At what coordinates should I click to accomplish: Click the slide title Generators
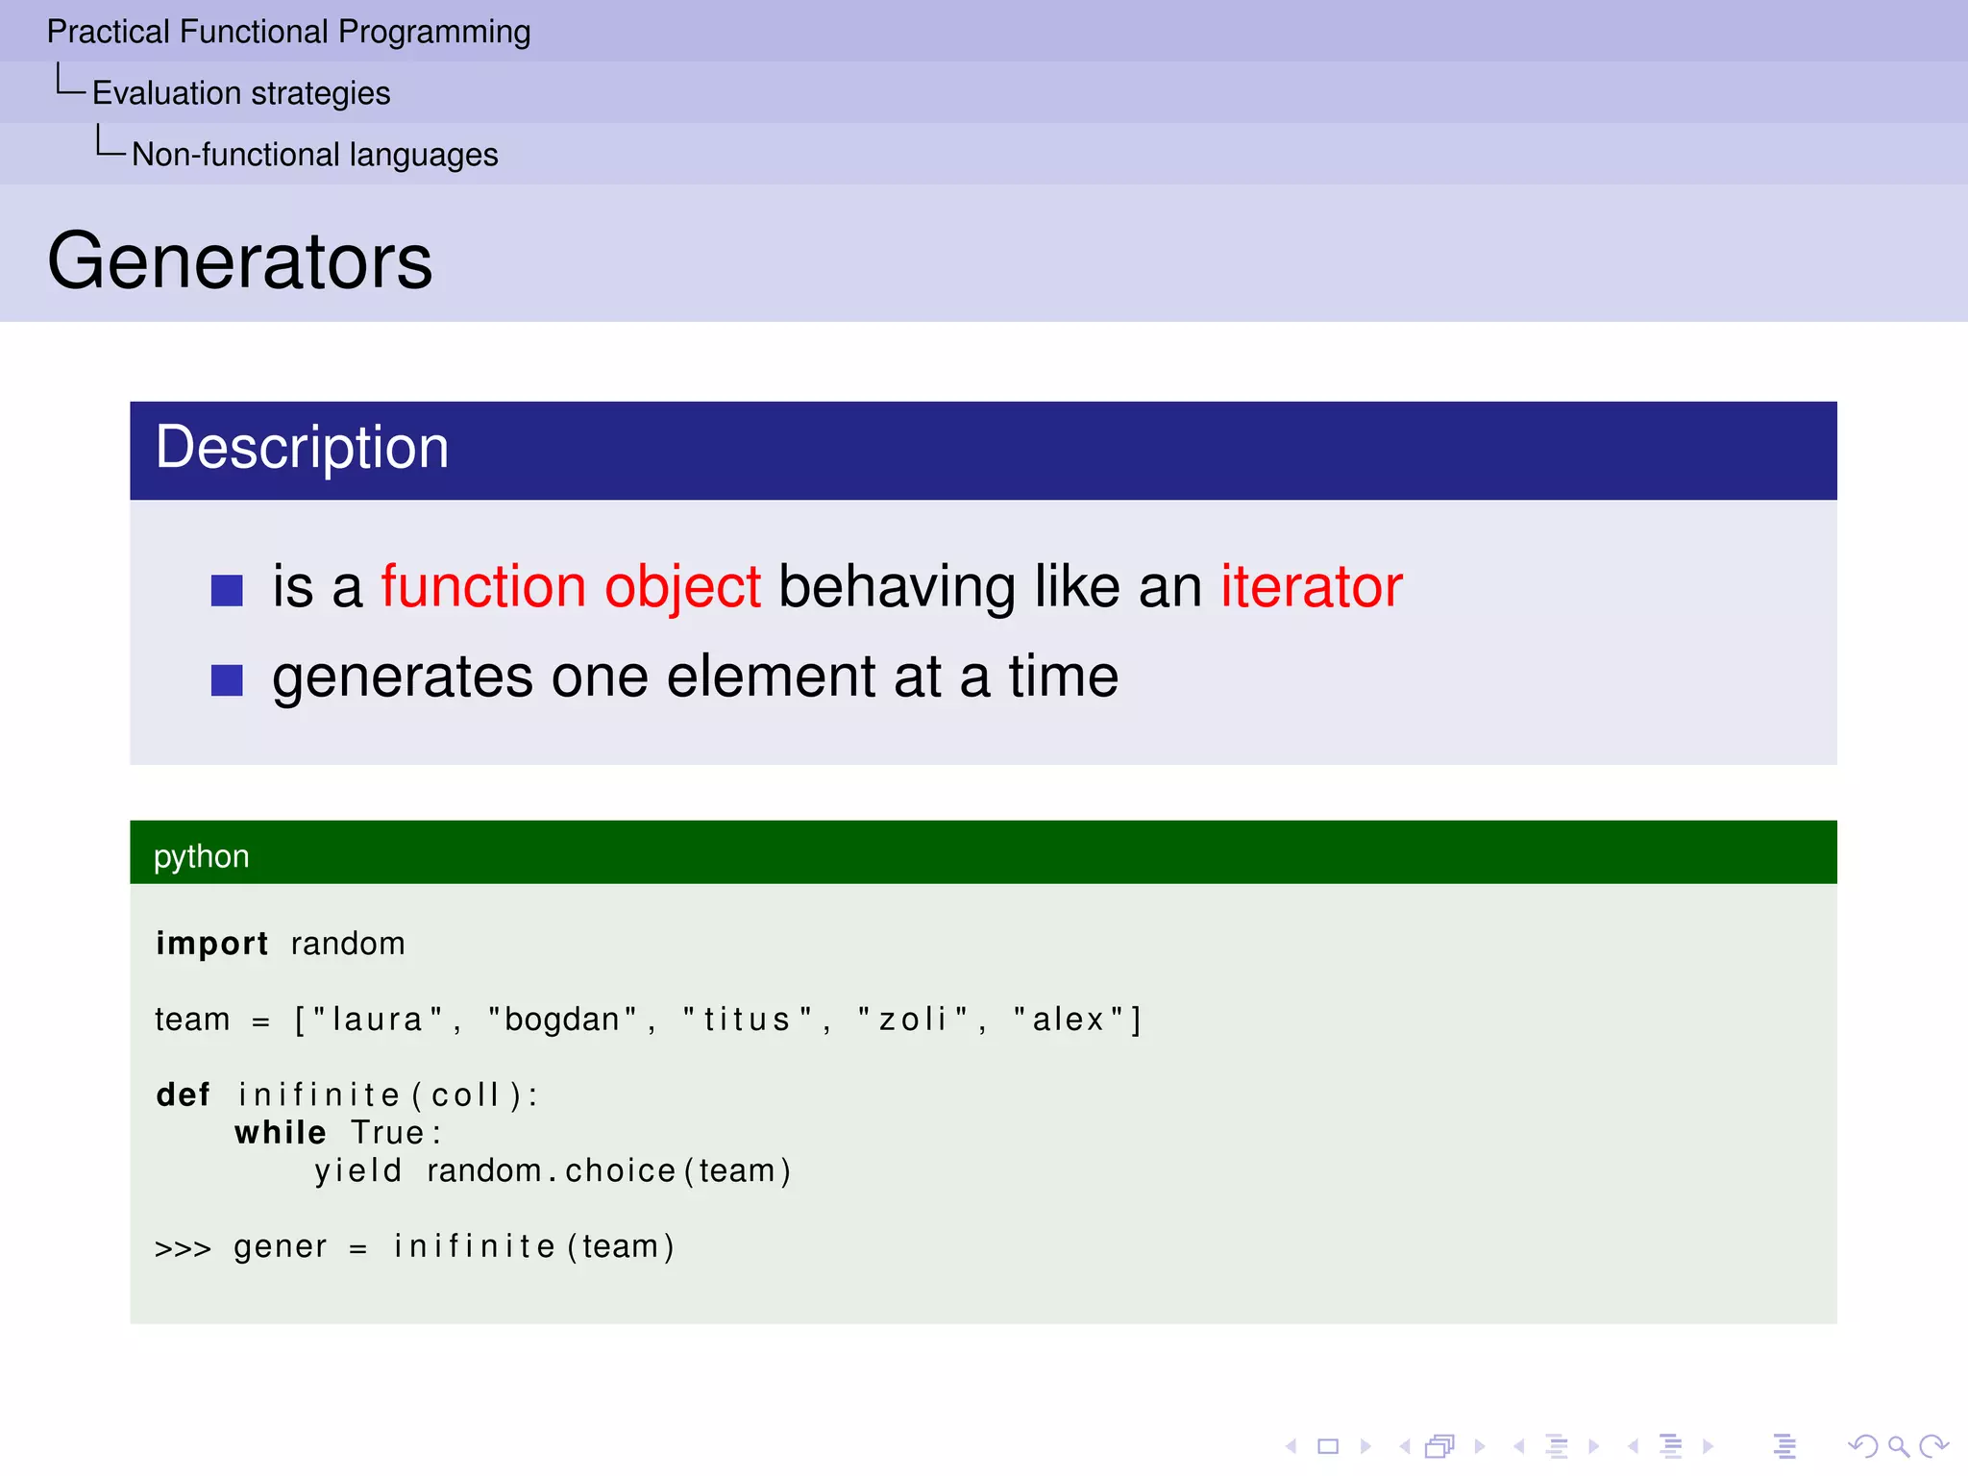point(240,261)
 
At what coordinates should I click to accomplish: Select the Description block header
point(302,448)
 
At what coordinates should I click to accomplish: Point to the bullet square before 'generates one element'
point(227,680)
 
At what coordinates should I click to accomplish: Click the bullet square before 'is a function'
point(227,590)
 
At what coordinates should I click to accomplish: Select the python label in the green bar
point(201,856)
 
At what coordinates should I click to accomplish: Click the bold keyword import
point(211,944)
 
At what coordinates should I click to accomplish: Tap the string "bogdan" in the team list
point(562,1020)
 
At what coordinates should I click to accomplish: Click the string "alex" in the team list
point(1069,1020)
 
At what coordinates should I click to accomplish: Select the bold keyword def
point(183,1095)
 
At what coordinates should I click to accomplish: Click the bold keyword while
point(281,1133)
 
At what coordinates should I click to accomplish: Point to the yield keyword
point(358,1171)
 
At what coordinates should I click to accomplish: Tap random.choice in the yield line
point(552,1171)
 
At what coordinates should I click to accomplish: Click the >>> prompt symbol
point(183,1248)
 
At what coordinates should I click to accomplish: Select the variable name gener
point(281,1247)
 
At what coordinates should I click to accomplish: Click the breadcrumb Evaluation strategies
point(241,93)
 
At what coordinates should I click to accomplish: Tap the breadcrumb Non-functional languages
point(315,155)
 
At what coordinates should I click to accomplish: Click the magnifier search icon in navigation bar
point(1898,1446)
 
